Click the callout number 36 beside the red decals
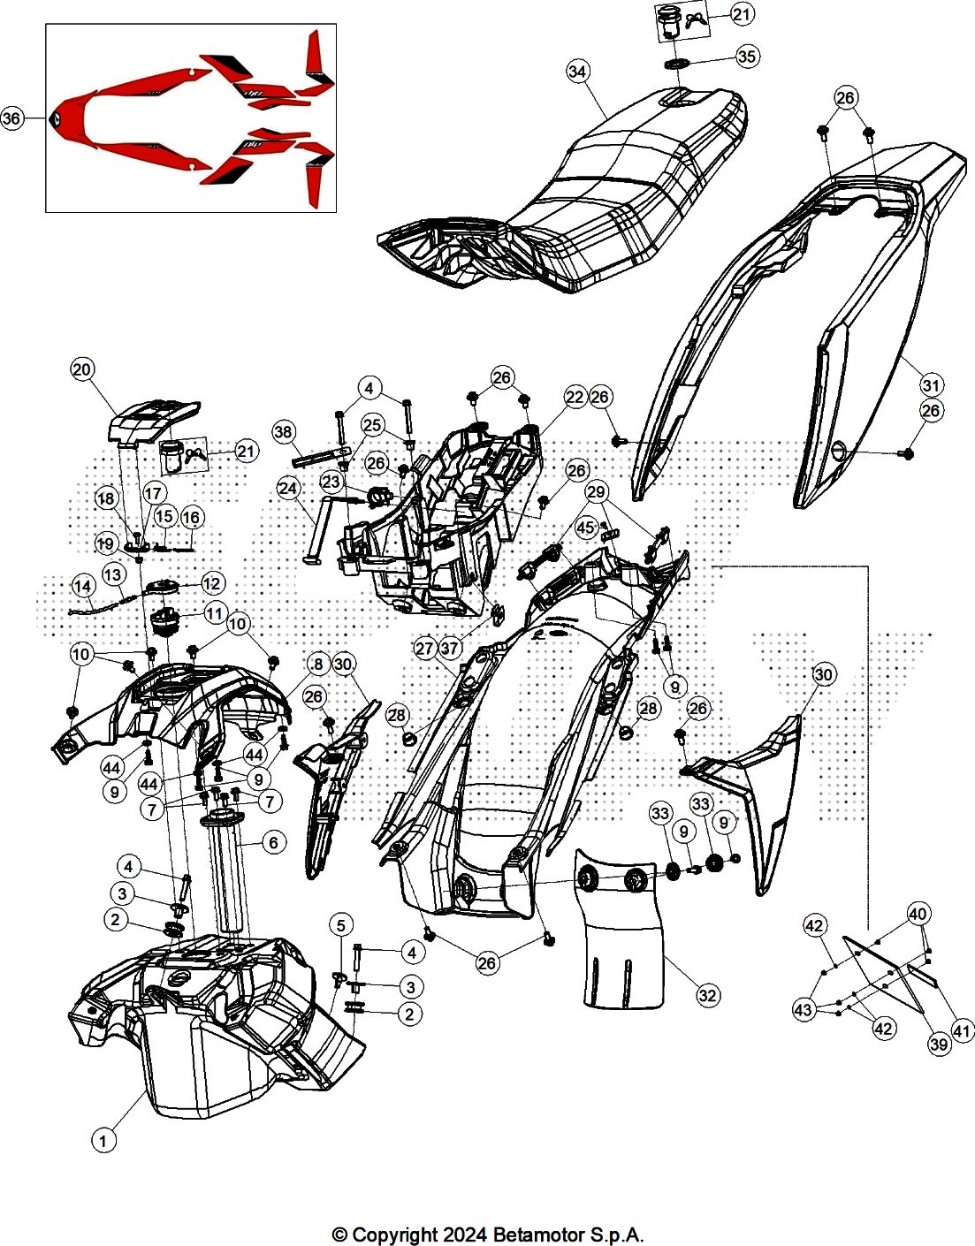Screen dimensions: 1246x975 click(11, 118)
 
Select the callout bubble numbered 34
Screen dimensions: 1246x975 click(577, 72)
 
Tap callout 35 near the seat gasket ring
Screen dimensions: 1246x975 click(747, 57)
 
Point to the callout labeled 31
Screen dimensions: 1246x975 click(931, 385)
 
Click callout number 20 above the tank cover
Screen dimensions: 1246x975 click(82, 369)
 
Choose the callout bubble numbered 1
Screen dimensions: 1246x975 click(103, 1141)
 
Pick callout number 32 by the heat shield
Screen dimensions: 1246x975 click(707, 995)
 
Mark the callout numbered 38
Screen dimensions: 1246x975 click(283, 431)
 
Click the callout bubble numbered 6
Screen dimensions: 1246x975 click(273, 843)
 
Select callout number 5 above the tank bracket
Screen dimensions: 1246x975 click(341, 925)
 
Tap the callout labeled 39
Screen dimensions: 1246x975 click(939, 1044)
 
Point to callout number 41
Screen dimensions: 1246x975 click(962, 1030)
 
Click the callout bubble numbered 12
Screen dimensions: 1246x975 click(212, 583)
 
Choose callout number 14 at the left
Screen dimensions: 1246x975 click(82, 586)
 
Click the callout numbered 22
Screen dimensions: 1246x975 click(575, 398)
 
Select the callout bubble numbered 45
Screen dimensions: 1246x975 click(585, 528)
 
